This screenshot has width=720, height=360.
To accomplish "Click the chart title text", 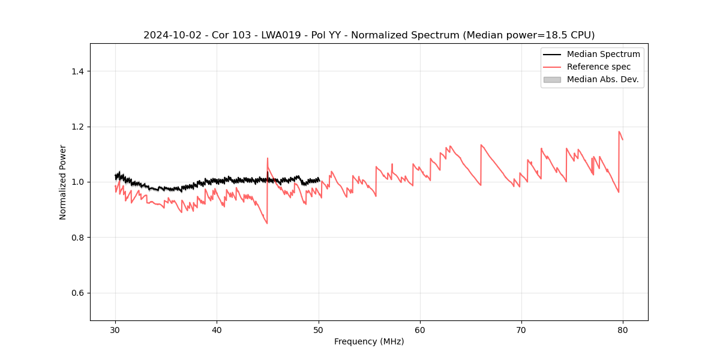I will tap(369, 35).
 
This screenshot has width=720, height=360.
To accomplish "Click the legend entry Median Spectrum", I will tap(603, 54).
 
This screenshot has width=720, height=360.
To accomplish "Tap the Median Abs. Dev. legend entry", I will tap(602, 79).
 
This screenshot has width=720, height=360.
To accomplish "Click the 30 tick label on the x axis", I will tap(115, 330).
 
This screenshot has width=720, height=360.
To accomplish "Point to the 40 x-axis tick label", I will tap(217, 330).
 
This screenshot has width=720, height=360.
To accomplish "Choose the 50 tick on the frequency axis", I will tap(319, 330).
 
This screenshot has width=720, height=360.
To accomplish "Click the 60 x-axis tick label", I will tap(420, 330).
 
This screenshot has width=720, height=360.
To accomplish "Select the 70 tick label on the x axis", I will tap(521, 330).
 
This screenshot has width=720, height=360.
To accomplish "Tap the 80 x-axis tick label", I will tap(623, 330).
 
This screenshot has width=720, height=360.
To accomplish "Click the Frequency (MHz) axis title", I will tap(369, 342).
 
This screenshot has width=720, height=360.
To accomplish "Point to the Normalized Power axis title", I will tap(63, 182).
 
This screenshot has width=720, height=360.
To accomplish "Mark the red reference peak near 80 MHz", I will tap(619, 131).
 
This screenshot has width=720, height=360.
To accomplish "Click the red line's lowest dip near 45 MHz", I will tap(267, 223).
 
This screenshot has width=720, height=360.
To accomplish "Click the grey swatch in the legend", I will tap(552, 79).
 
